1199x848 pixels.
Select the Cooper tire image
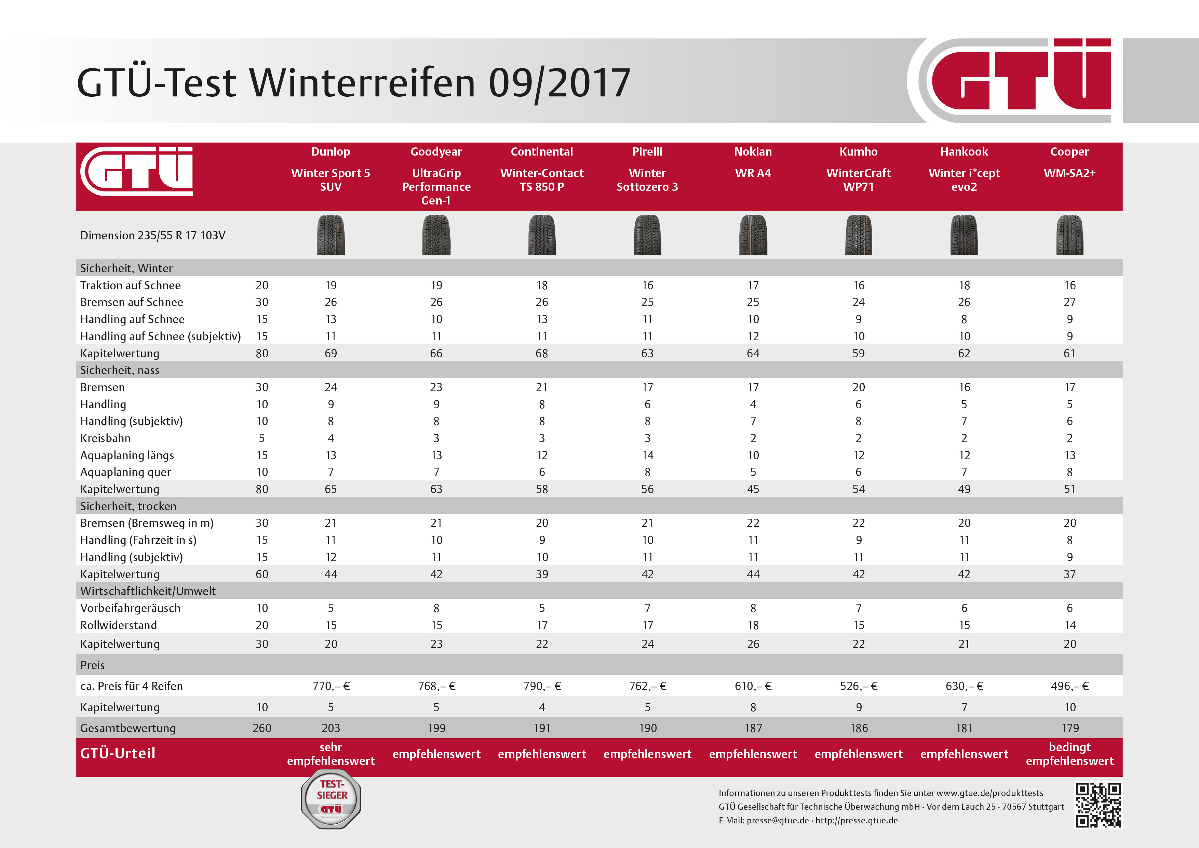[1069, 235]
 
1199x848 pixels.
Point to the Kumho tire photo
[859, 235]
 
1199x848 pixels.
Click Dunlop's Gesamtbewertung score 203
[331, 728]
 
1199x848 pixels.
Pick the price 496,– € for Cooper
[1069, 686]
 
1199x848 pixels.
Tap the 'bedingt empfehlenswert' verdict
[1069, 754]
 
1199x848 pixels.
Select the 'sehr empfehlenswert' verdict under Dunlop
[331, 754]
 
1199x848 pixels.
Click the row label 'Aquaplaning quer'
[125, 472]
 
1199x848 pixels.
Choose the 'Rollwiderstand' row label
[119, 625]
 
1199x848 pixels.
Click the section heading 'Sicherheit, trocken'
[128, 506]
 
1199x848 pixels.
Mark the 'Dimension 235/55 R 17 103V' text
[152, 235]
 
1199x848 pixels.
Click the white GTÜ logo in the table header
[137, 171]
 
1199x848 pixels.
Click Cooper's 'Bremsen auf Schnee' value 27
[1069, 302]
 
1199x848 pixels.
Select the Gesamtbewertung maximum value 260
[261, 728]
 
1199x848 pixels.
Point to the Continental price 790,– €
[542, 686]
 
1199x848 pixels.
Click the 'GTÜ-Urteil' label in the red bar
[118, 753]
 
